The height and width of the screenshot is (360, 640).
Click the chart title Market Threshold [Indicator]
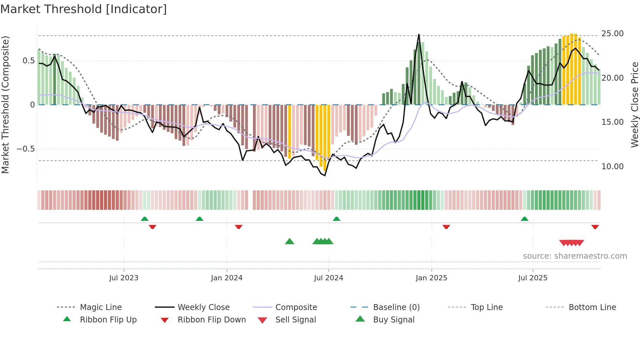[x=84, y=9]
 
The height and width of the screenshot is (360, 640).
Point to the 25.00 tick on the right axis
[x=612, y=34]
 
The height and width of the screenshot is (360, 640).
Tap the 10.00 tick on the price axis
[x=612, y=167]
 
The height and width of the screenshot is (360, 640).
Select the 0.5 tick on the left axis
[x=28, y=61]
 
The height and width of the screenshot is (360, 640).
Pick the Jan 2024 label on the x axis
[x=227, y=278]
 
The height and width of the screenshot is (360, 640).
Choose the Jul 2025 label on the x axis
[x=533, y=278]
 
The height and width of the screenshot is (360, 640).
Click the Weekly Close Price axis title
[x=634, y=105]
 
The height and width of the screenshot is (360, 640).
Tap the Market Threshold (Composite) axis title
[x=5, y=105]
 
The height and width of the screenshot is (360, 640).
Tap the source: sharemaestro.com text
[x=575, y=256]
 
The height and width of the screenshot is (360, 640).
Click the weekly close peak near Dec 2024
[x=419, y=35]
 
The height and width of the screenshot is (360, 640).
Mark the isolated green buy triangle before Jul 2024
[x=290, y=241]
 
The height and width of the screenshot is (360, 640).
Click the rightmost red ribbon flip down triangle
[x=595, y=227]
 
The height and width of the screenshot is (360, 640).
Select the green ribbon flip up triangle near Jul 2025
[x=524, y=219]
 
